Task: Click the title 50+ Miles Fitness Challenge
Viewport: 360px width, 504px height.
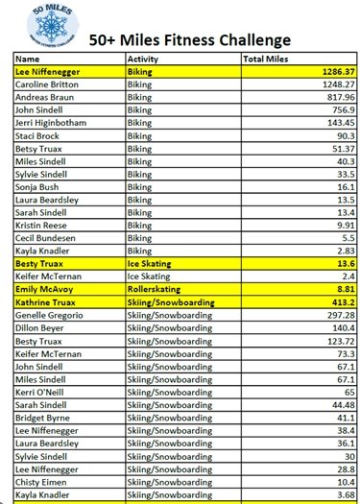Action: (189, 40)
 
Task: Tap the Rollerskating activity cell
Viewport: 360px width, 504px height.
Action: (154, 287)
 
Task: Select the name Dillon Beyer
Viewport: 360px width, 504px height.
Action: (39, 326)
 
